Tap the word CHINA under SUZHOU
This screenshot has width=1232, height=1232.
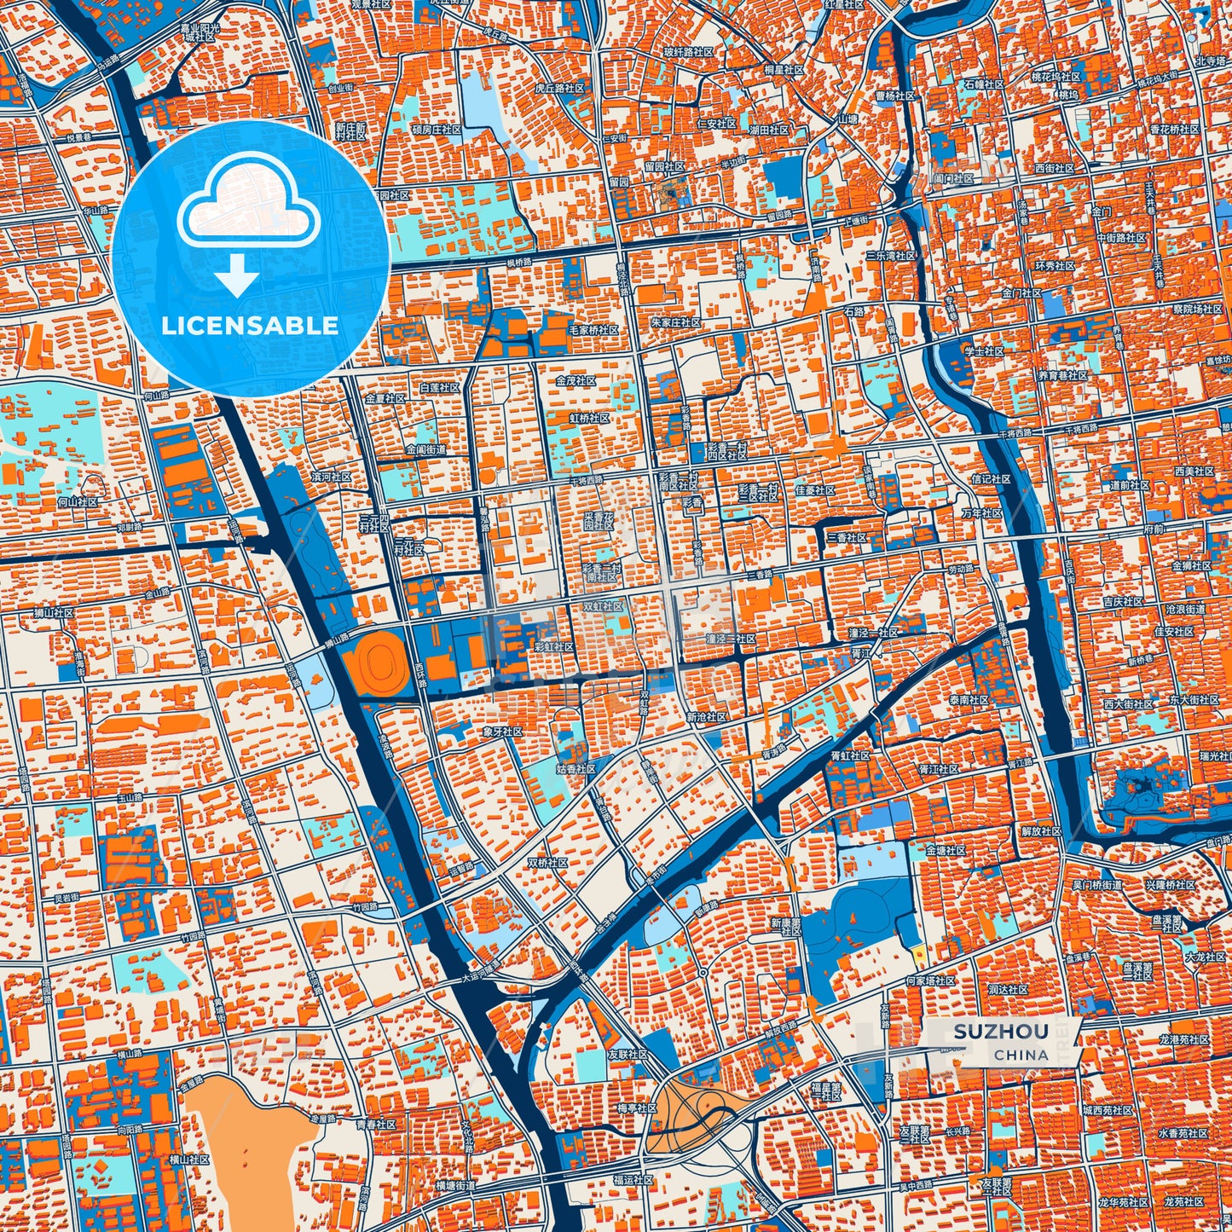coord(1021,1055)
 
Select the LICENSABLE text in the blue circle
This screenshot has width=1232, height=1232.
coord(250,326)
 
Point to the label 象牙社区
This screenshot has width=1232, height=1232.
coord(501,732)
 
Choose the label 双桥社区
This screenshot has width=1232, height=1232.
coord(552,862)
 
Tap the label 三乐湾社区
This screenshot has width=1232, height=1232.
coord(890,256)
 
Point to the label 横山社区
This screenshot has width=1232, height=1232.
coord(188,1160)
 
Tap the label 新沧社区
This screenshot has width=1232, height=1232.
coord(706,717)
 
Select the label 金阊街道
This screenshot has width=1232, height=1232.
coord(427,449)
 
